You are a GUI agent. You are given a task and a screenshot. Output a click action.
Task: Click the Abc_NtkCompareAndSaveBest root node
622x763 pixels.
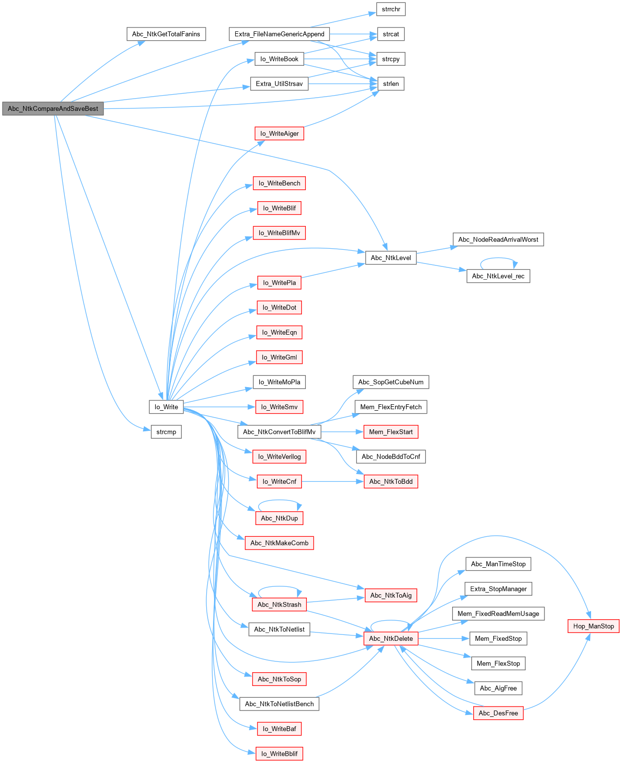point(53,109)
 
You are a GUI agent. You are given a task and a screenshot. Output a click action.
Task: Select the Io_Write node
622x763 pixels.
point(166,407)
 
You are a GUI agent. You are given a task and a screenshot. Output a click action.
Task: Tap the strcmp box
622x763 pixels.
point(166,432)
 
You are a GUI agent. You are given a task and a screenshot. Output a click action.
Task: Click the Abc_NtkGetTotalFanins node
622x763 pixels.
point(166,34)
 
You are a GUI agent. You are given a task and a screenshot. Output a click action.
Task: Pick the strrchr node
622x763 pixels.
point(391,9)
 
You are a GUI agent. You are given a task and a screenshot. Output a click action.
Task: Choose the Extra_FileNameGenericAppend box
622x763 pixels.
point(279,34)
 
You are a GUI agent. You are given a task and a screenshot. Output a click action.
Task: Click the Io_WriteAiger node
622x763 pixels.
point(279,133)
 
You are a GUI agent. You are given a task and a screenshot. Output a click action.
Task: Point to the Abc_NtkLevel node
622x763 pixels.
point(391,258)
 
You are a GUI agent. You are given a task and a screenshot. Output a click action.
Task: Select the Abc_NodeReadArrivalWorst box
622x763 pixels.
point(498,239)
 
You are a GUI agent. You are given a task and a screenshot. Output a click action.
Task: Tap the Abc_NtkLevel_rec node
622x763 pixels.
point(498,276)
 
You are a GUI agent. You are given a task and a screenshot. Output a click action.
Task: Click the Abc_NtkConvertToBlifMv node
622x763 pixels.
point(279,432)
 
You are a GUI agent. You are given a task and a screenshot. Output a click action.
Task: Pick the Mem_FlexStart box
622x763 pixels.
point(391,432)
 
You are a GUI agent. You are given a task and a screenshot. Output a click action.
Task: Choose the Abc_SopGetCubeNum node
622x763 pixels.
point(391,382)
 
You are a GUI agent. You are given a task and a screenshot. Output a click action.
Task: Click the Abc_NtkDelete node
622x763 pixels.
point(391,638)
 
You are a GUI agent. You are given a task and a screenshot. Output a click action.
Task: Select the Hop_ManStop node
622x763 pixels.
point(593,626)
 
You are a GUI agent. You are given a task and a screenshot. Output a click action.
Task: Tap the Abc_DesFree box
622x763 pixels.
point(498,713)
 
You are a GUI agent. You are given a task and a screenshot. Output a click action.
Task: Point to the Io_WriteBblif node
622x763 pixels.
point(279,754)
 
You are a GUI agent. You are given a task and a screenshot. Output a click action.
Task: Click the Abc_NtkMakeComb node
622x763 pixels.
point(279,543)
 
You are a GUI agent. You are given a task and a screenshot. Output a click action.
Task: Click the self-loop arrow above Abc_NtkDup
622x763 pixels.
point(279,500)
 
